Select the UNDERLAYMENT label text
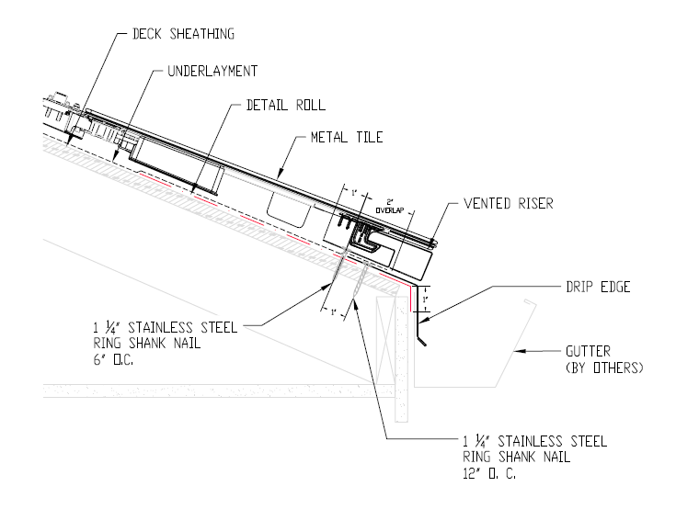(212, 70)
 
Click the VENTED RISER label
(508, 203)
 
